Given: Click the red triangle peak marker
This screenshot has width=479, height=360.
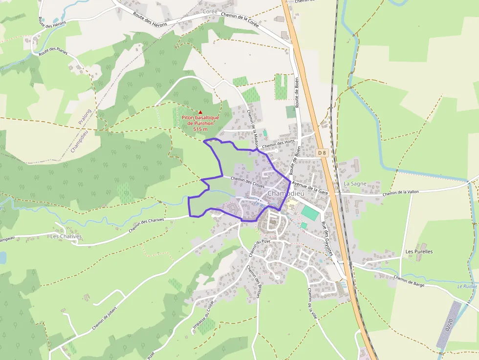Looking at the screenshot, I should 200,112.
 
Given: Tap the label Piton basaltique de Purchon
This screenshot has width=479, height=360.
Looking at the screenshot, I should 200,121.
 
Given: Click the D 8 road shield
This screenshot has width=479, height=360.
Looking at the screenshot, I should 321,153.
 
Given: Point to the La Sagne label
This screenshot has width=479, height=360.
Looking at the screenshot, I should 354,184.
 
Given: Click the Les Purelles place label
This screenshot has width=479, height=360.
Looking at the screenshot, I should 419,252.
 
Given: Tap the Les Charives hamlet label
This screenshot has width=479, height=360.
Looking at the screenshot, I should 66,236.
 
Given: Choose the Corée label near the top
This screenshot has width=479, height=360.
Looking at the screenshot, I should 209,11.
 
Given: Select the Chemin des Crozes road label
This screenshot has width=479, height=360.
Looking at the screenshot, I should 247,182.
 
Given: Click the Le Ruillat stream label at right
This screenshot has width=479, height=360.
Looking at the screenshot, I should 466,286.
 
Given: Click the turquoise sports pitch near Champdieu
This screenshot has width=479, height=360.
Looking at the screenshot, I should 309,212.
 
